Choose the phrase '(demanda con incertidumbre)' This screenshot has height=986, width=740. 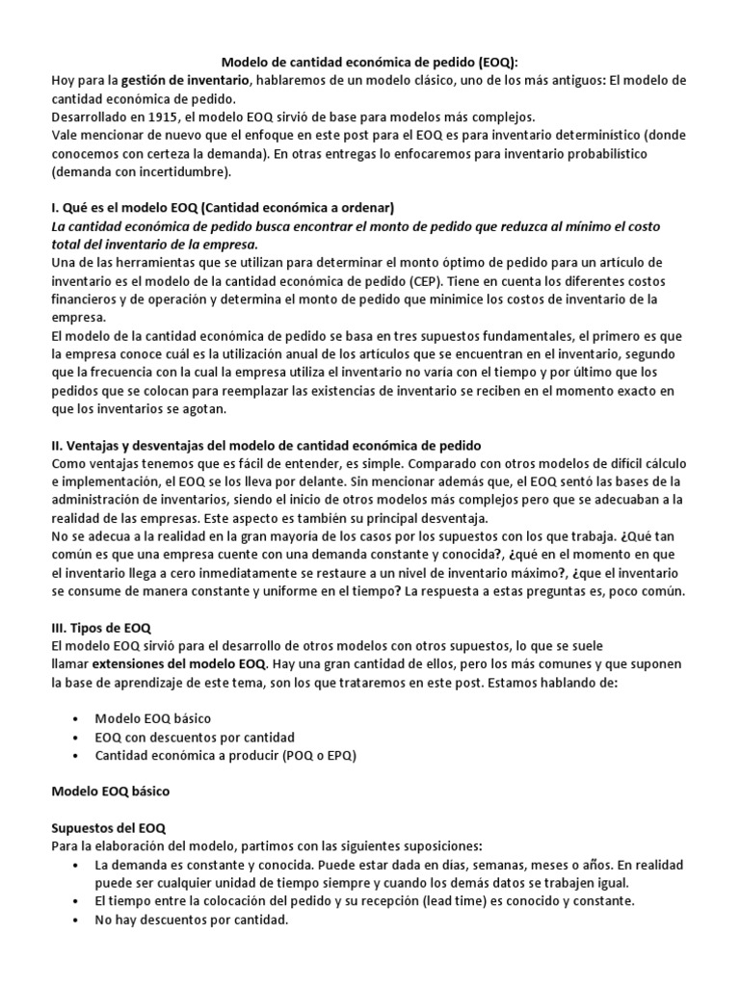(142, 171)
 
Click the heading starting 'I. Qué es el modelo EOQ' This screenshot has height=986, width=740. (223, 208)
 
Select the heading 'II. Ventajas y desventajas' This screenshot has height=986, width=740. (266, 445)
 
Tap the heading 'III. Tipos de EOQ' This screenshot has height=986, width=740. (100, 627)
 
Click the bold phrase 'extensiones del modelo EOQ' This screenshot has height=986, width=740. (179, 663)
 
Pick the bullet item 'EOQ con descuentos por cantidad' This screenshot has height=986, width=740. (194, 737)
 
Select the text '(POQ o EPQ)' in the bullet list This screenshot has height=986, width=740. (319, 755)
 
